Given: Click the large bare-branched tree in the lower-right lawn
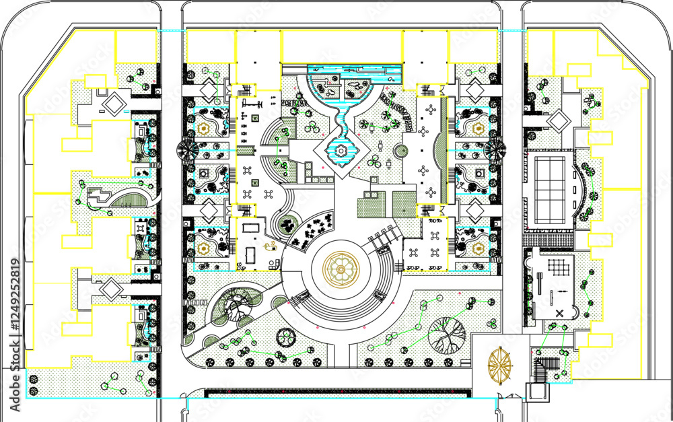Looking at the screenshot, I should click(x=447, y=334).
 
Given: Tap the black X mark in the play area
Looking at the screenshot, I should click(x=560, y=314).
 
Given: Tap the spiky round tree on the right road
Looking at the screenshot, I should click(x=495, y=149).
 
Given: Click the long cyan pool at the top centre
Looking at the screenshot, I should click(x=354, y=71).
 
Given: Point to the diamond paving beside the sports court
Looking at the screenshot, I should click(x=560, y=120).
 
